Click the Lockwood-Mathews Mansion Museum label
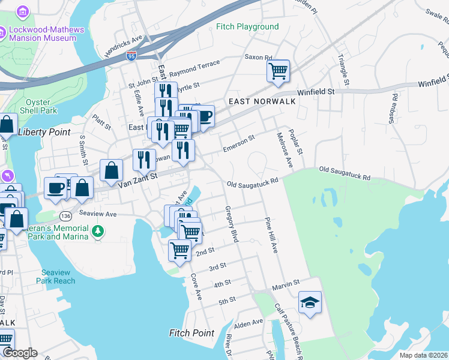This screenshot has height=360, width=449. pyautogui.click(x=43, y=33)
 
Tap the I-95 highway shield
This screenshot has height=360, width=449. pyautogui.click(x=131, y=56)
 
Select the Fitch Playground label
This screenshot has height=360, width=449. pyautogui.click(x=247, y=27)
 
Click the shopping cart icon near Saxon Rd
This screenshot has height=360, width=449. pyautogui.click(x=279, y=71)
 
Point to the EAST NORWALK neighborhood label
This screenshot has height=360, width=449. pyautogui.click(x=262, y=101)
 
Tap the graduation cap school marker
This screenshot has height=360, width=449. pyautogui.click(x=310, y=302)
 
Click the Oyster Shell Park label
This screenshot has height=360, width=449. pyautogui.click(x=41, y=106)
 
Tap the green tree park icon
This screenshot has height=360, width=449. pyautogui.click(x=98, y=230)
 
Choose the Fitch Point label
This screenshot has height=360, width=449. pyautogui.click(x=191, y=333)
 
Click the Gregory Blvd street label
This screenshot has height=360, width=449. pyautogui.click(x=232, y=224)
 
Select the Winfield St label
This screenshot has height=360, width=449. pyautogui.click(x=317, y=92)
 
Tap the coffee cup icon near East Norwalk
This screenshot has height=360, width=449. pyautogui.click(x=204, y=116)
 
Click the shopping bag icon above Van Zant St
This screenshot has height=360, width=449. pyautogui.click(x=112, y=170)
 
